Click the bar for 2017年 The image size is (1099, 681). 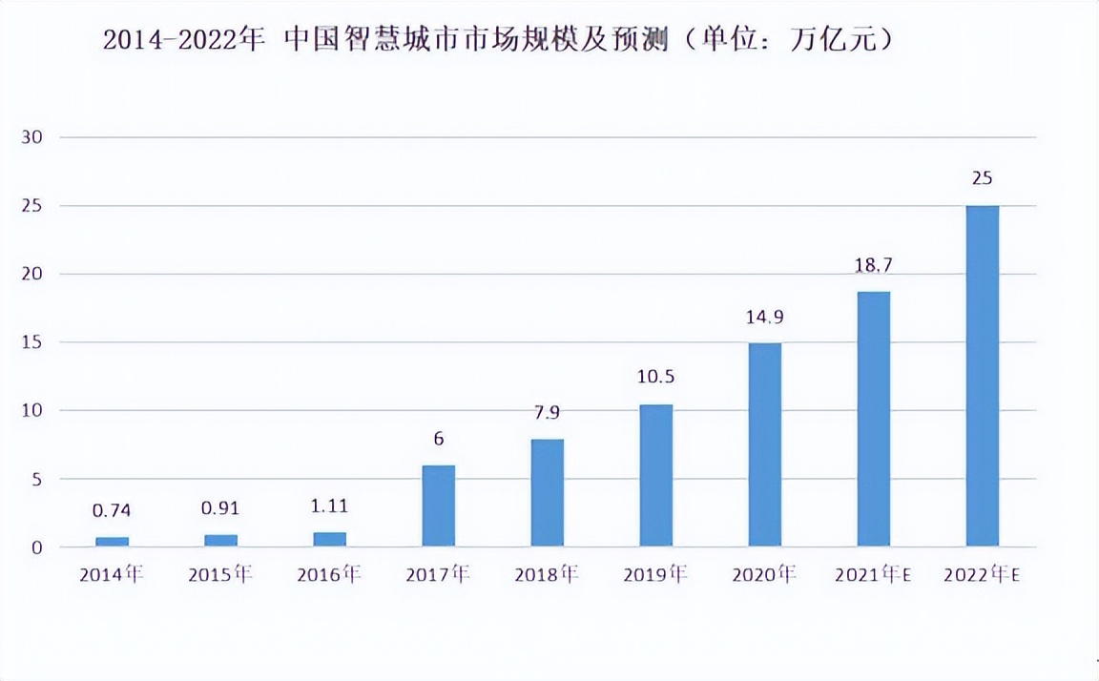pos(438,506)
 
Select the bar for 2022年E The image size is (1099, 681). pos(982,376)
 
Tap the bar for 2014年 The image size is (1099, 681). pos(112,542)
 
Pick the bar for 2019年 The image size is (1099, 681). pos(655,475)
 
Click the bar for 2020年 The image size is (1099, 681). pos(764,444)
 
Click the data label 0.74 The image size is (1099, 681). pos(112,511)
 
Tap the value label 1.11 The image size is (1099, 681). pos(329,506)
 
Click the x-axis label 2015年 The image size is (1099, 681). pos(220,575)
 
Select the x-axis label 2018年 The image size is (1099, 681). pos(547,575)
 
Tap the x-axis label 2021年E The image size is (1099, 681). pos(873,575)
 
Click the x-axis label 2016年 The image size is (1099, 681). pos(329,575)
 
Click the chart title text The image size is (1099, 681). pos(497,40)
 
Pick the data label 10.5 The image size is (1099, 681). pos(655,377)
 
